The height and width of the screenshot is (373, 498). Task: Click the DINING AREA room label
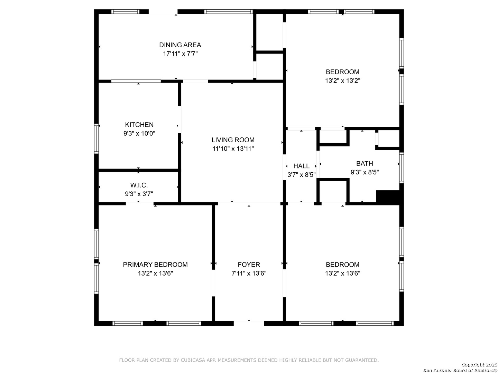coord(180,45)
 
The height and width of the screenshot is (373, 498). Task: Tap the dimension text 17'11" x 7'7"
coord(181,54)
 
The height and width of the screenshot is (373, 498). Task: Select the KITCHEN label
coord(139,125)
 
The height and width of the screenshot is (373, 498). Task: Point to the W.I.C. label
coord(139,185)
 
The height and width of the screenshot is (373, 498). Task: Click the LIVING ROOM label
coord(233,140)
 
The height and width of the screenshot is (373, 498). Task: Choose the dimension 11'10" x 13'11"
coord(233,149)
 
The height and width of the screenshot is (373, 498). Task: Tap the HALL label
coord(301,166)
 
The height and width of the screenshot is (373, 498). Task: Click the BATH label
coord(365,163)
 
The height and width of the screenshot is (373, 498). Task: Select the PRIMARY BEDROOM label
coord(155,265)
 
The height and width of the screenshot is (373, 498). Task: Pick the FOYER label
coord(249,265)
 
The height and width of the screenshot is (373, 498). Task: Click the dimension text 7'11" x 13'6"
coord(249,273)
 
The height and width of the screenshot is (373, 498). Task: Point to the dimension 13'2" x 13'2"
coord(343,80)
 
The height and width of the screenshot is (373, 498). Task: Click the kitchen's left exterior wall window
coord(96,138)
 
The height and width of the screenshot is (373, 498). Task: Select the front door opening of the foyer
coord(249,323)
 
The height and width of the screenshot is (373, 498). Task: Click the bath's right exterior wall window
coord(402,168)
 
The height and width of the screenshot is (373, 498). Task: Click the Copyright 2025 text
coord(479,365)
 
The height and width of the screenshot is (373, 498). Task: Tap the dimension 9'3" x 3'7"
coord(139,194)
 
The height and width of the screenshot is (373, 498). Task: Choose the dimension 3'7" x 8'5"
coord(301,175)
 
